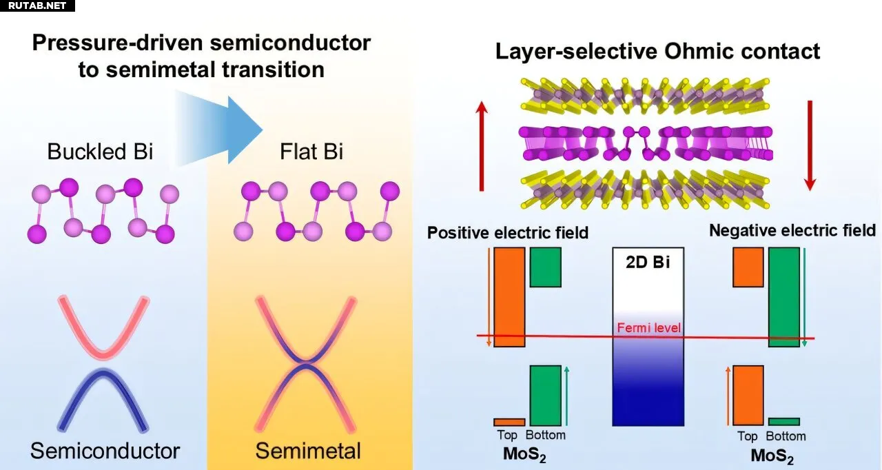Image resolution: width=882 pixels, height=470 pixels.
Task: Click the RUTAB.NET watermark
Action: [37, 6]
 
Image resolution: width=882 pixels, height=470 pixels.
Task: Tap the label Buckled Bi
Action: [100, 152]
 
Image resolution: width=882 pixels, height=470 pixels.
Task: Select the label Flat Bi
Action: [311, 152]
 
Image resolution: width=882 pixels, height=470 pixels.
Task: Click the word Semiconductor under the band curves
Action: [105, 451]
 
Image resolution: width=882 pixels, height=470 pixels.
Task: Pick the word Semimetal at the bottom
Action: [308, 451]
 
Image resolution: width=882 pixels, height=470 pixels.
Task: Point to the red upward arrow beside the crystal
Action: [481, 145]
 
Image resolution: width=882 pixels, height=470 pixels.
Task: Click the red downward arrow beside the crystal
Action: [810, 145]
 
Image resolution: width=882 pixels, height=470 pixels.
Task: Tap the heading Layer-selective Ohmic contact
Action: [658, 51]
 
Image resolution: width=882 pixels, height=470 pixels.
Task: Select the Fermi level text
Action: [648, 327]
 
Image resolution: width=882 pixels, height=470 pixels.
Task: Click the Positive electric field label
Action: [508, 232]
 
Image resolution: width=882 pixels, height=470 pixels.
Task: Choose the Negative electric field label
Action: [792, 230]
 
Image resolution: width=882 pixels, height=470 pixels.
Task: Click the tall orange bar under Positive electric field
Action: [510, 296]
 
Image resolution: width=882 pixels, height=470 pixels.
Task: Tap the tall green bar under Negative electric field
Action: [784, 296]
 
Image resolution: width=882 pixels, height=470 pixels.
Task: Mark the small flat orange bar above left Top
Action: [509, 422]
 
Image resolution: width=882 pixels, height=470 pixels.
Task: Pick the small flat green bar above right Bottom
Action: [784, 421]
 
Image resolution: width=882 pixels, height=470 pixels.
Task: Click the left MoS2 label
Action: [523, 456]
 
